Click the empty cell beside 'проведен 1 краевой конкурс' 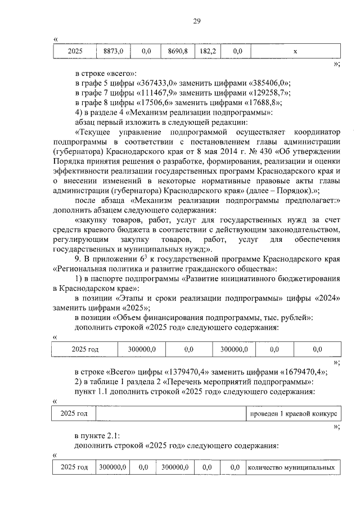click(171, 413)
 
